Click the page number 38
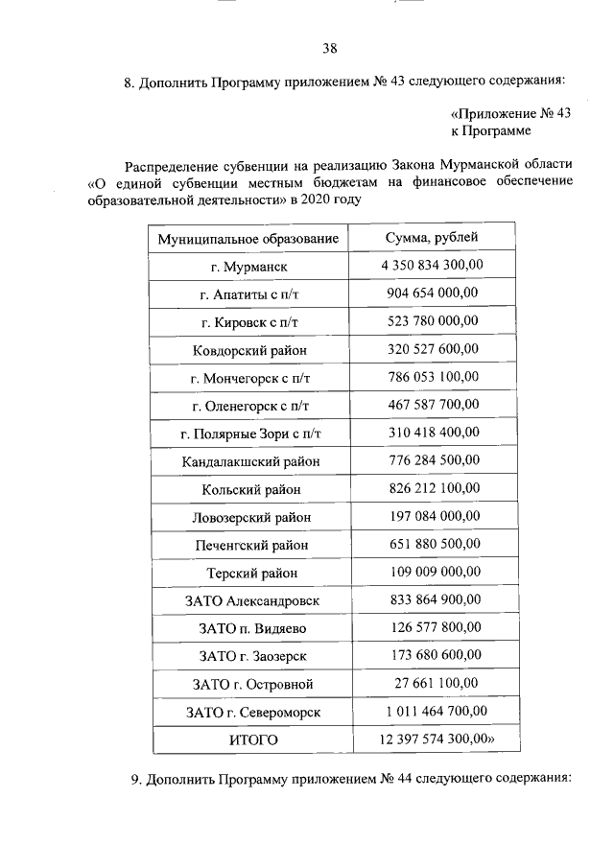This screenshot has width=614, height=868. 329,48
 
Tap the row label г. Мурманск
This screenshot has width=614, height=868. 249,266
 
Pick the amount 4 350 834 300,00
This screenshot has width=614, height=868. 432,265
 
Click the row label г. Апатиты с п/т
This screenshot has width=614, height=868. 249,293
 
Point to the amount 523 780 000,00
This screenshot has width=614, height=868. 432,320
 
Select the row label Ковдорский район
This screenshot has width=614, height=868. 249,349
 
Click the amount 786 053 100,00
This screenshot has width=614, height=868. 432,377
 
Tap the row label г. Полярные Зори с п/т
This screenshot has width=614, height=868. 249,434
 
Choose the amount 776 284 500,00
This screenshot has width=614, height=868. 432,460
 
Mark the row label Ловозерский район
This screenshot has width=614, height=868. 249,517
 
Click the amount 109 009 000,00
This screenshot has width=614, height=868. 432,573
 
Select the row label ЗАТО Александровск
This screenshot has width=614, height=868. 249,600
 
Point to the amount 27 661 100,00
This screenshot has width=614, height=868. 432,684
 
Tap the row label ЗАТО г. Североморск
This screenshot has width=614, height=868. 249,713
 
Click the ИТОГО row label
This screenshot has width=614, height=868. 249,740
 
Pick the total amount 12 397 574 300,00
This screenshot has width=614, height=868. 437,739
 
